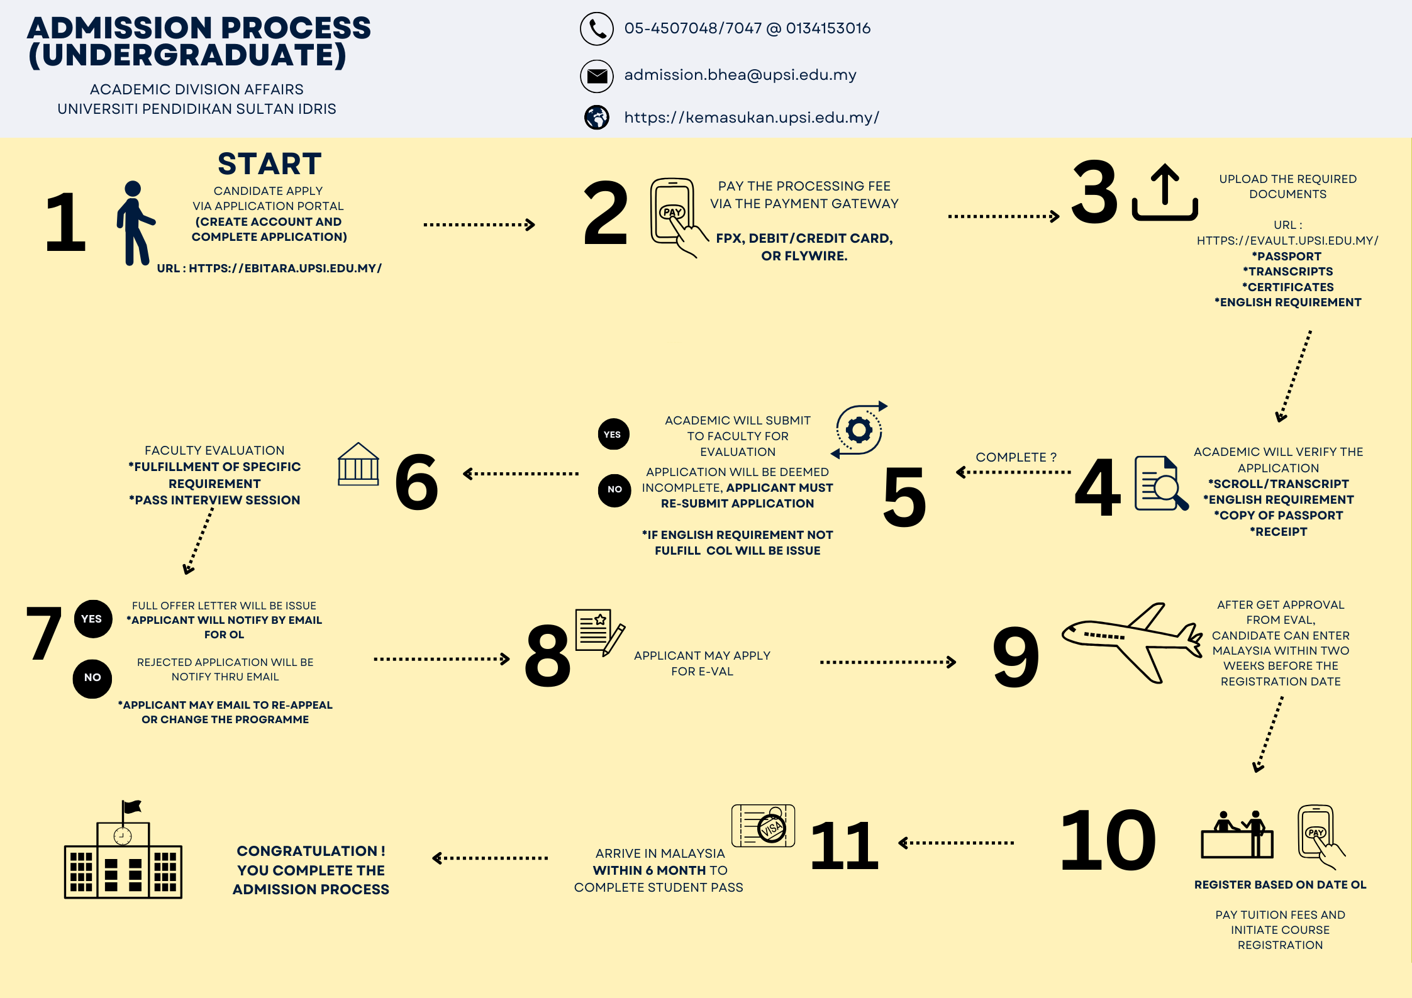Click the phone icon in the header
pos(596,29)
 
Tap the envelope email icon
pos(596,76)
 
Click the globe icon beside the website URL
pos(596,117)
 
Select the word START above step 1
pos(269,164)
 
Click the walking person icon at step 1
pos(135,223)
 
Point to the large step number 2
pos(605,213)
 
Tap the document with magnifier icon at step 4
pos(1161,483)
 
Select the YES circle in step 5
pos(613,434)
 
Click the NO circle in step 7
pos(92,678)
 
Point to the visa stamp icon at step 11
pos(764,825)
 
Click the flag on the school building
pos(132,807)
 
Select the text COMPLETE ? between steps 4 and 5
pos(1016,457)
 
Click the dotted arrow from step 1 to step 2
pos(479,225)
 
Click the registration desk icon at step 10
pos(1237,834)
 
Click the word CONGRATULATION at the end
pos(307,851)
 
